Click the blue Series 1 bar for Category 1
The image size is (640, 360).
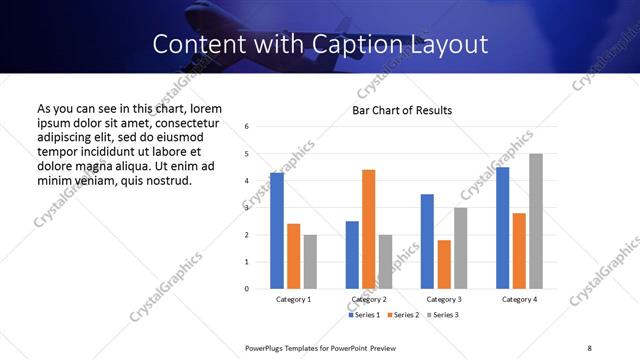[x=277, y=231]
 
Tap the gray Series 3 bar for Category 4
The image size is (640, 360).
[x=536, y=221]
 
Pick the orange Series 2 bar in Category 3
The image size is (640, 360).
[x=444, y=264]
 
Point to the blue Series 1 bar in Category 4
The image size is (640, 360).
[x=502, y=228]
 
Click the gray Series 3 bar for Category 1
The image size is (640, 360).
[x=310, y=262]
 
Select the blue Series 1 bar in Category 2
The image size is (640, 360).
[x=352, y=255]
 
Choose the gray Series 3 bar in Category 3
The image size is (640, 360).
[x=460, y=248]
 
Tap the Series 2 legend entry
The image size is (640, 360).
[x=404, y=315]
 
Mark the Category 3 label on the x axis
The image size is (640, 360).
[x=444, y=300]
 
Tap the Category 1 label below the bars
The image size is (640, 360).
[x=293, y=300]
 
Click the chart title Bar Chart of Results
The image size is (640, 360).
[x=402, y=110]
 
